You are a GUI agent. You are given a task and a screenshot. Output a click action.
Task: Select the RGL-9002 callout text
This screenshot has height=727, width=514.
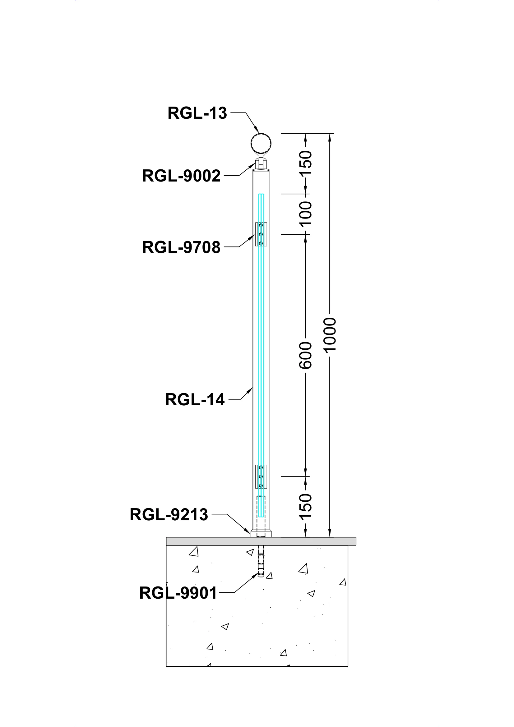pyautogui.click(x=181, y=176)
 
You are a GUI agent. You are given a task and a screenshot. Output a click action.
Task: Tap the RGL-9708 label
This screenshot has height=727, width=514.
pyautogui.click(x=181, y=247)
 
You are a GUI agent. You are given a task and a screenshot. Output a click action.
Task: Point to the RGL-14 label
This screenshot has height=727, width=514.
pyautogui.click(x=195, y=399)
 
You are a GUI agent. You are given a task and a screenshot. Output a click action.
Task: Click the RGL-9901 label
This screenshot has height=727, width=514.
pyautogui.click(x=178, y=593)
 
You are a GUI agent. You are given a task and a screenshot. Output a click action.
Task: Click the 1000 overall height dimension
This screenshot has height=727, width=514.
pyautogui.click(x=330, y=334)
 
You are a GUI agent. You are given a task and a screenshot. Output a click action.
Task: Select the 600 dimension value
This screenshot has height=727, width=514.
pyautogui.click(x=306, y=355)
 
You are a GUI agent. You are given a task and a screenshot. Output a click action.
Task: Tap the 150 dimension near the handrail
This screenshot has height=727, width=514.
pyautogui.click(x=306, y=163)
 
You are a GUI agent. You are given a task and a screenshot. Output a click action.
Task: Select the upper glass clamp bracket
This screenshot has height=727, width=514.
pyautogui.click(x=261, y=234)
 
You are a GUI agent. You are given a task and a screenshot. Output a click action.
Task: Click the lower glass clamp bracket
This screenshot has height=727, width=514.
pyautogui.click(x=261, y=476)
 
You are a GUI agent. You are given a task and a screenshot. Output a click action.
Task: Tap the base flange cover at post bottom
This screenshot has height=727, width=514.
pyautogui.click(x=261, y=534)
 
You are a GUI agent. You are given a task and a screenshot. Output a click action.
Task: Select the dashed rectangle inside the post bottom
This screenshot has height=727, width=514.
pyautogui.click(x=261, y=516)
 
